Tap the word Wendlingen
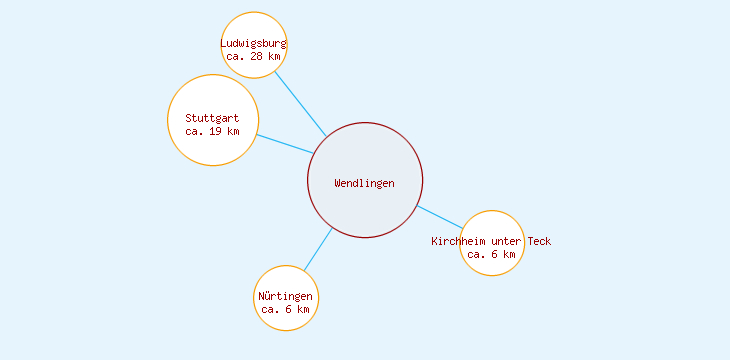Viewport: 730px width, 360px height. [365, 183]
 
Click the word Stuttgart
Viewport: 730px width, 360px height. [212, 118]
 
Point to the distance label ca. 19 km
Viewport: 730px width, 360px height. [212, 131]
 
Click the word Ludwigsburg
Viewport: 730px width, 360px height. [254, 43]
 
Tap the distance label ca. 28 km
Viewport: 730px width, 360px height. [254, 56]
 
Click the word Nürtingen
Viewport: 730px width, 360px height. [285, 297]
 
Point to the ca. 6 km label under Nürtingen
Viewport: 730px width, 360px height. [286, 310]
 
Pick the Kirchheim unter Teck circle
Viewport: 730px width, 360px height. [493, 225]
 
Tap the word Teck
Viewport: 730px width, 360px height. [538, 241]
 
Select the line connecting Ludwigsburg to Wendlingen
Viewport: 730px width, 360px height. [300, 104]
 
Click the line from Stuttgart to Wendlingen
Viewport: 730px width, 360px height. [285, 144]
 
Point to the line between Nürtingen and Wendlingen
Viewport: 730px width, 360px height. [318, 249]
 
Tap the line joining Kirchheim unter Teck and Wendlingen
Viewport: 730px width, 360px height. [440, 217]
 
